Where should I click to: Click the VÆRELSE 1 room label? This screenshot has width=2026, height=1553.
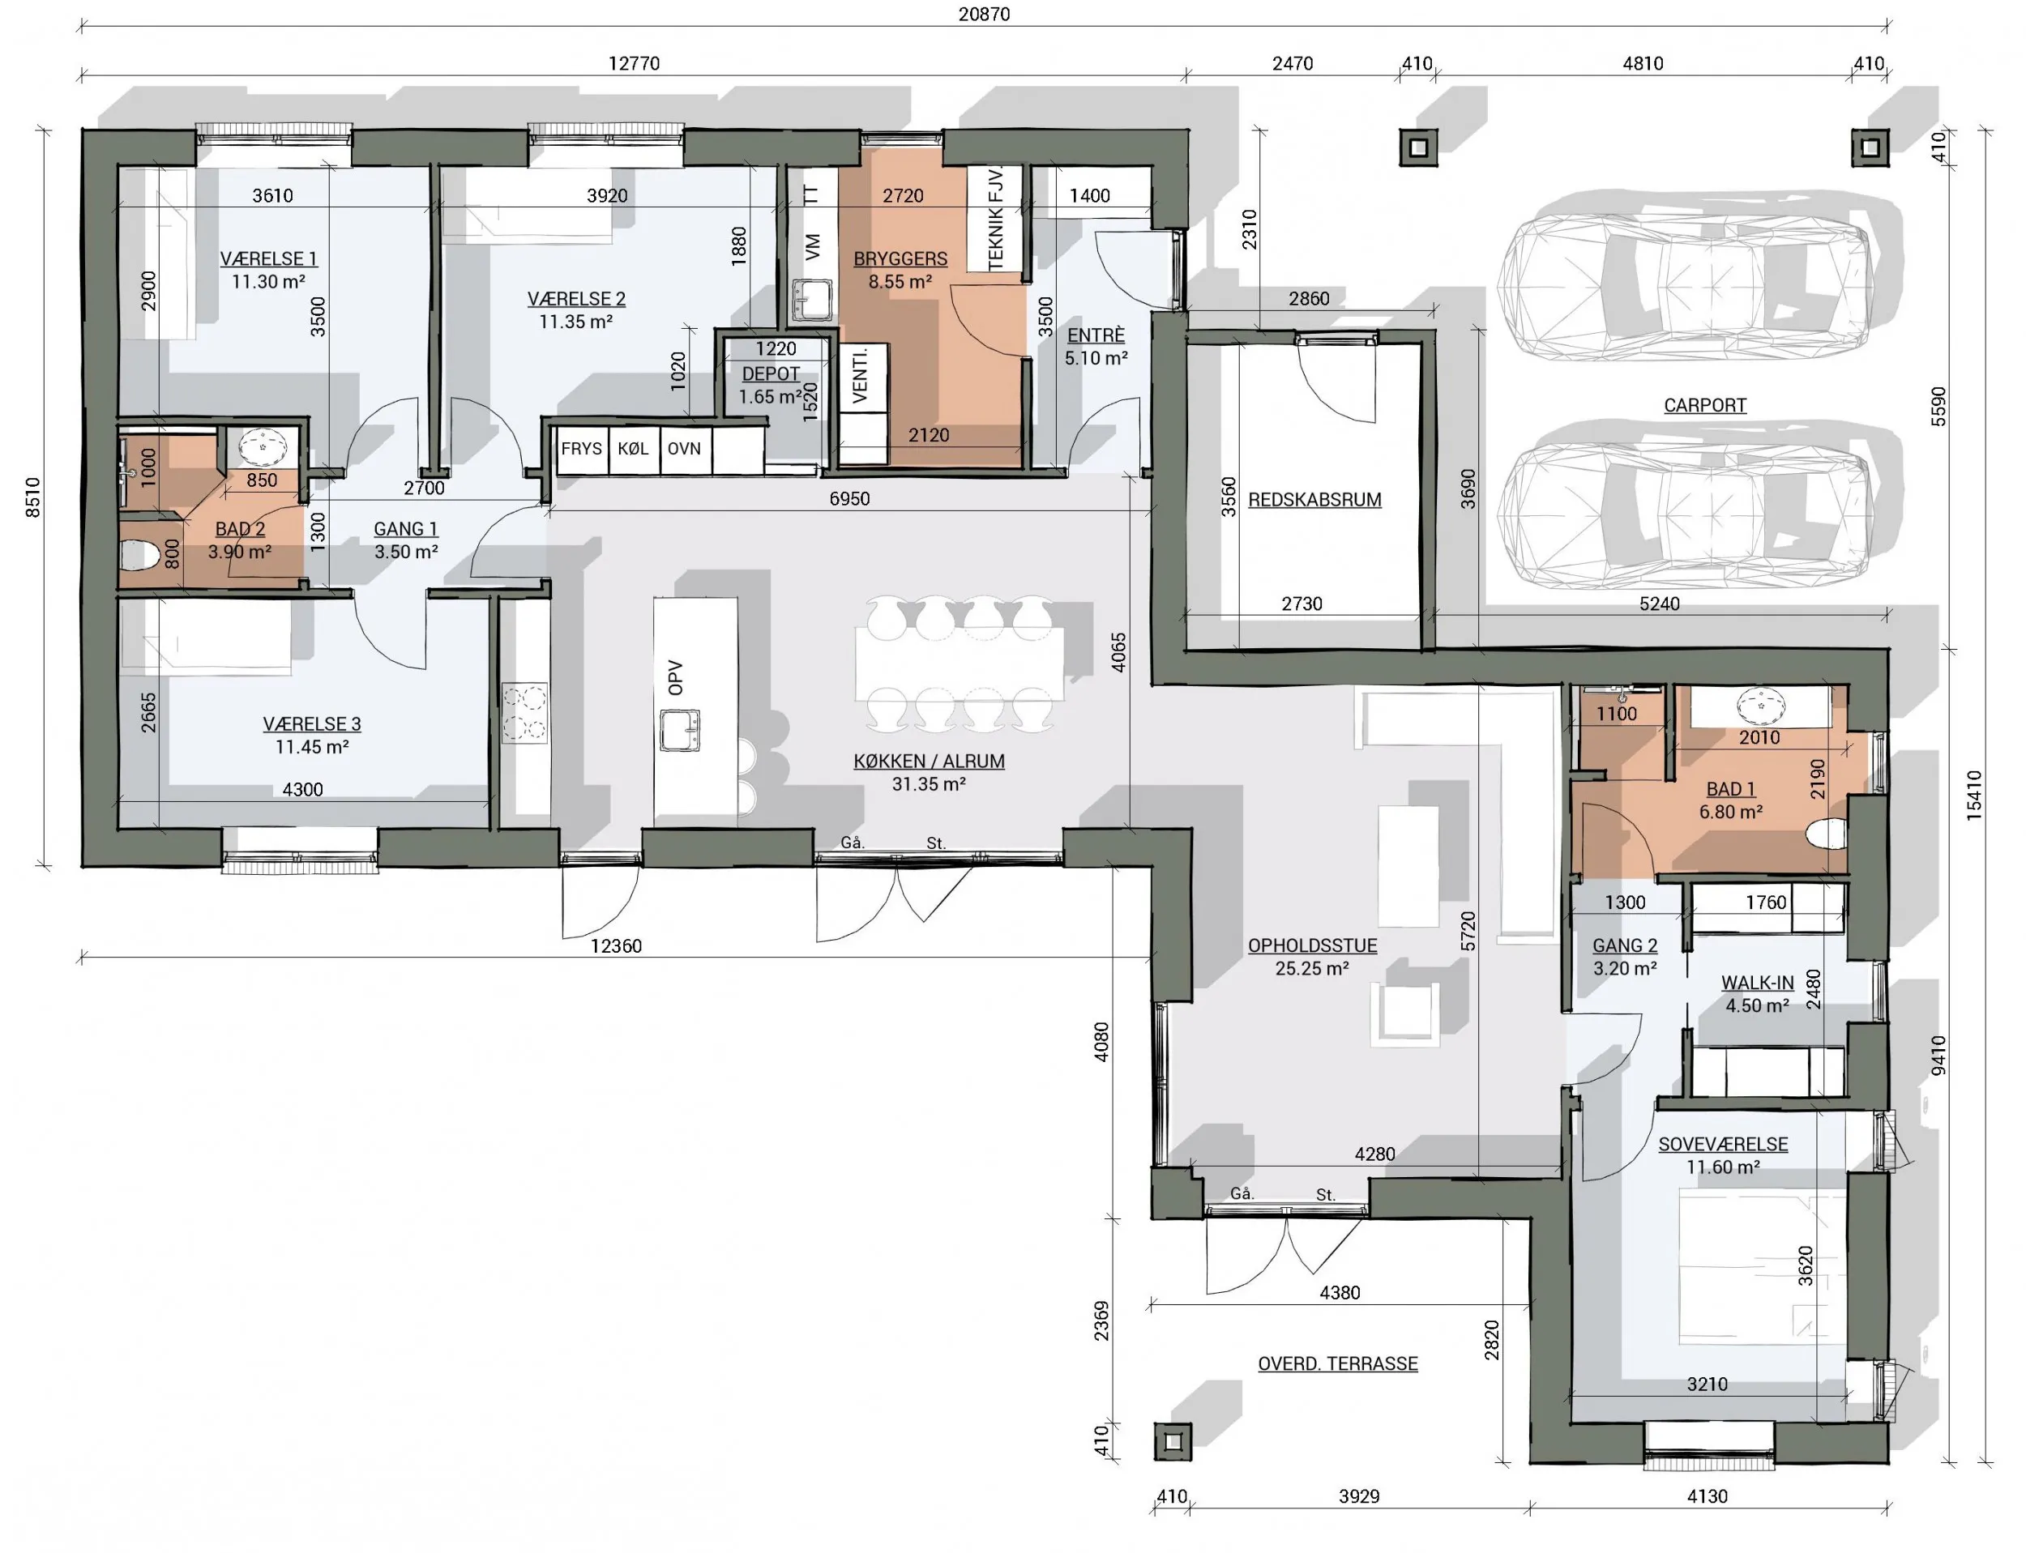pyautogui.click(x=268, y=259)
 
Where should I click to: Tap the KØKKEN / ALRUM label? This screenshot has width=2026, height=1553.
pyautogui.click(x=929, y=761)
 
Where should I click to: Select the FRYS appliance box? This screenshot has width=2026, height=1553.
pyautogui.click(x=582, y=450)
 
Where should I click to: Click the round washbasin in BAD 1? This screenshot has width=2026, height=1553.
pyautogui.click(x=1761, y=706)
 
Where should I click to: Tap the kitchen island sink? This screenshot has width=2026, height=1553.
pyautogui.click(x=680, y=730)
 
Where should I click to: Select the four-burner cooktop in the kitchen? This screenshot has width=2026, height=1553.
pyautogui.click(x=524, y=713)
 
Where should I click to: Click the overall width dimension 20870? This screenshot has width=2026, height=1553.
pyautogui.click(x=984, y=14)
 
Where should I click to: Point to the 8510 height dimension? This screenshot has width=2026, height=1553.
pyautogui.click(x=33, y=497)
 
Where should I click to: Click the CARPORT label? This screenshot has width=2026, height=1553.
pyautogui.click(x=1705, y=405)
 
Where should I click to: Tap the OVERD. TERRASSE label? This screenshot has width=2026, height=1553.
pyautogui.click(x=1337, y=1363)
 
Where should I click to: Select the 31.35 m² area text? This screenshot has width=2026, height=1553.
pyautogui.click(x=929, y=784)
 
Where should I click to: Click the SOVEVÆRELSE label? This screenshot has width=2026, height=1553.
pyautogui.click(x=1723, y=1145)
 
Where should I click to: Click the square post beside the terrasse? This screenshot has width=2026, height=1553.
pyautogui.click(x=1173, y=1441)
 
